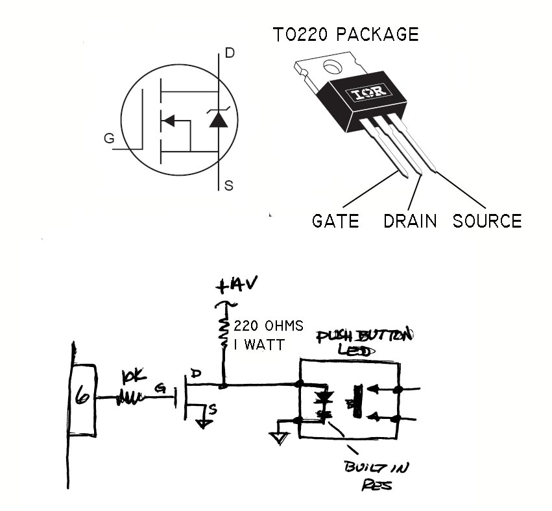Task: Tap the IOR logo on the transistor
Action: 368,93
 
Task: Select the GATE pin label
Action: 335,220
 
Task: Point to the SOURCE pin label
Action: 487,220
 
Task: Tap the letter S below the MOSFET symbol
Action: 228,186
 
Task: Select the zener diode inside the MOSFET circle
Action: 217,119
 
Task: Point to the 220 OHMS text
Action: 259,326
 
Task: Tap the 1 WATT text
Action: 258,346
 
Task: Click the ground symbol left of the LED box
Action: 280,438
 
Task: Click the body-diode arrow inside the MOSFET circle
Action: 171,121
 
